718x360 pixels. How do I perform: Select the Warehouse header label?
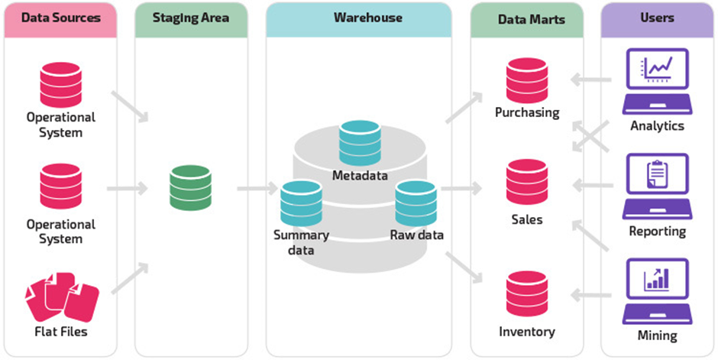pos(367,18)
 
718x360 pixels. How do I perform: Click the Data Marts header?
pos(526,18)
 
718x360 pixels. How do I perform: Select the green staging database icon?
pos(190,187)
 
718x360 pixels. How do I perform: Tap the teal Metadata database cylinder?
pos(361,143)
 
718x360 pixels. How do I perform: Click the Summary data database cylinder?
pos(301,203)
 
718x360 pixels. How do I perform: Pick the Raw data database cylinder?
pos(416,203)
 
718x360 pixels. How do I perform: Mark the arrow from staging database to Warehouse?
pos(257,187)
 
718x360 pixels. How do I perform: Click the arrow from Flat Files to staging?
pos(128,279)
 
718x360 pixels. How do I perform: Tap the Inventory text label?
pos(527,332)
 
